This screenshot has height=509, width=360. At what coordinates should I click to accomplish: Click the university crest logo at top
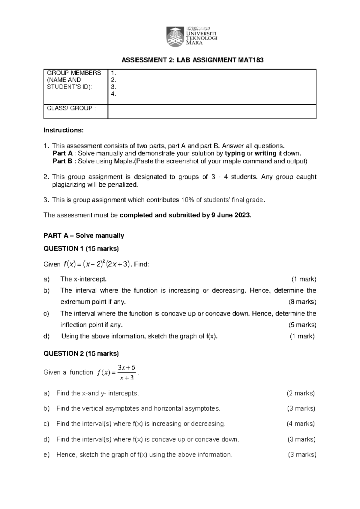point(174,36)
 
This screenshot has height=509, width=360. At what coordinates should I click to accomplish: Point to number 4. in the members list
point(113,94)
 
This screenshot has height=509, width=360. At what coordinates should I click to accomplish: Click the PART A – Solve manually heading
point(84,236)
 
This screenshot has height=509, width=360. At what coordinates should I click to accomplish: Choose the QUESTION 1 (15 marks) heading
point(81,248)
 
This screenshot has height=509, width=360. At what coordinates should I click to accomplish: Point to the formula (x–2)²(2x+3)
point(106,264)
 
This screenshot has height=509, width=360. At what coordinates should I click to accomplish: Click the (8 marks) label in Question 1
point(302,302)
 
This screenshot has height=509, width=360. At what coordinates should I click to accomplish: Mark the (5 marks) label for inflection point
point(302,325)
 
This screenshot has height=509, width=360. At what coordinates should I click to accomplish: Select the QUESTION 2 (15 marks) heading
point(81,354)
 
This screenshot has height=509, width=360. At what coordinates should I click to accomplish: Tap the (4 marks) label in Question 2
point(301,424)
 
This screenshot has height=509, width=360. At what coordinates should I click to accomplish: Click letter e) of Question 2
point(46,455)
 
